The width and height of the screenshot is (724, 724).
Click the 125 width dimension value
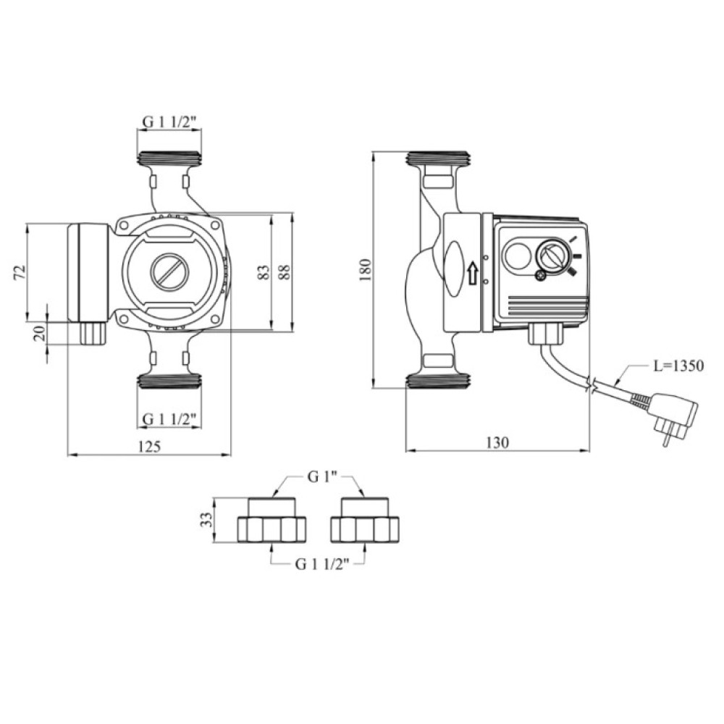click(149, 447)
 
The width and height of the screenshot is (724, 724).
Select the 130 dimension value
click(497, 442)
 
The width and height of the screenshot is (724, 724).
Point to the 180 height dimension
click(365, 270)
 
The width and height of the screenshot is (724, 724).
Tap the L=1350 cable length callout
click(678, 366)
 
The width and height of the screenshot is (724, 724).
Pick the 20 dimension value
click(40, 333)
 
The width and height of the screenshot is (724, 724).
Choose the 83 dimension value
click(263, 272)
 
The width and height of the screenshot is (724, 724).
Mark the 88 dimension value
click(284, 272)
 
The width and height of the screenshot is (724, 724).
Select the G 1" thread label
click(320, 477)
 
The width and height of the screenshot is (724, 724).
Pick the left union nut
click(272, 521)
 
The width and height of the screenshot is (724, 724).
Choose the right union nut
click(365, 521)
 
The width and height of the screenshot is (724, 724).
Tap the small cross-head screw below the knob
click(541, 276)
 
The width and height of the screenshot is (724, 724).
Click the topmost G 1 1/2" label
click(169, 122)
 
